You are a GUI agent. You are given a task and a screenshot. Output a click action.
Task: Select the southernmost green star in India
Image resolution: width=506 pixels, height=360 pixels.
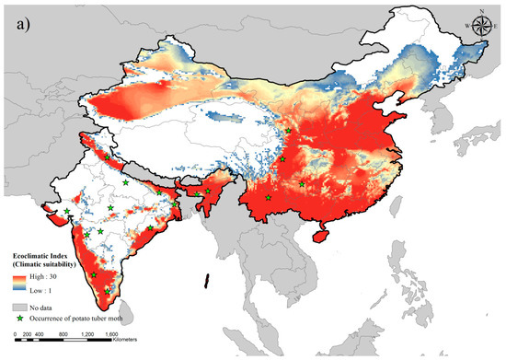click(108, 292)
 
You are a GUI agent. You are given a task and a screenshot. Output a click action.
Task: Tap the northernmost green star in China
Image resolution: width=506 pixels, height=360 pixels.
click(289, 131)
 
